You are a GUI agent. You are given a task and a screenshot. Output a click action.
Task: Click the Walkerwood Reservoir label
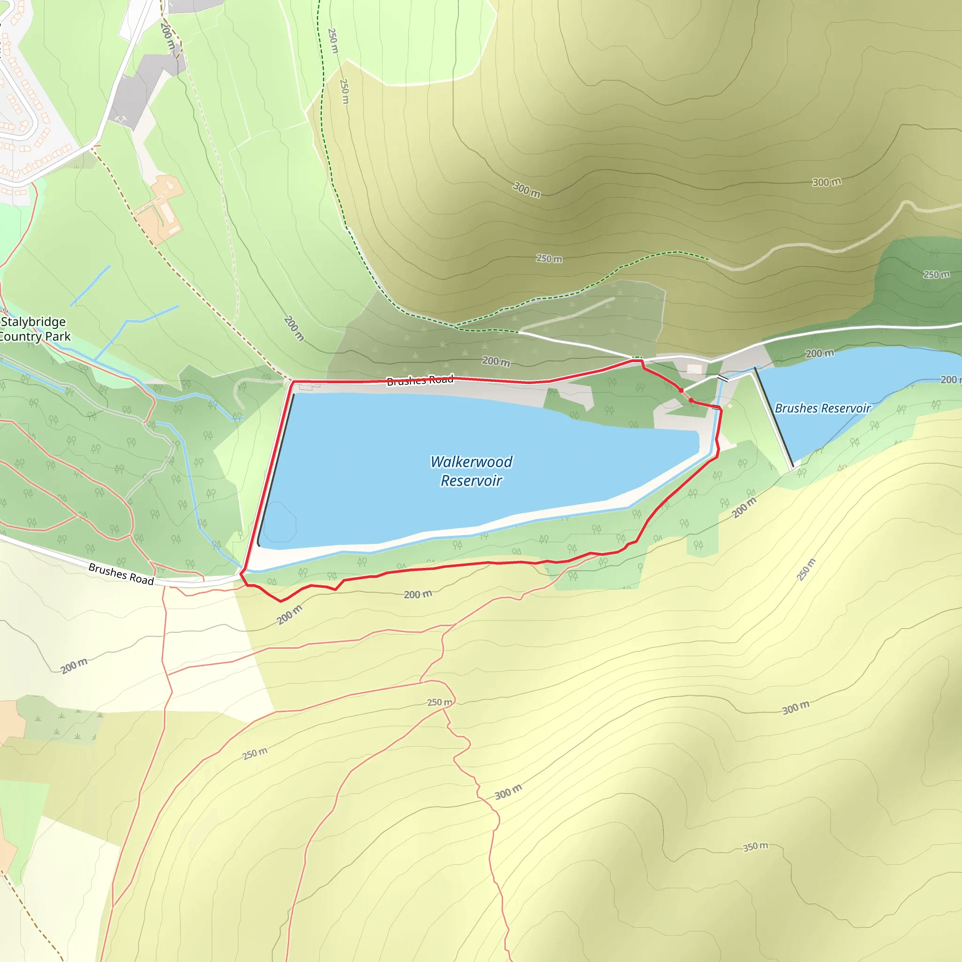pyautogui.click(x=471, y=471)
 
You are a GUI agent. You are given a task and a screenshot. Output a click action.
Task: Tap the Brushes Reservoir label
pyautogui.click(x=822, y=408)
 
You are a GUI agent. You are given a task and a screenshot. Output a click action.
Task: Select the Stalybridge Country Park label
pyautogui.click(x=34, y=329)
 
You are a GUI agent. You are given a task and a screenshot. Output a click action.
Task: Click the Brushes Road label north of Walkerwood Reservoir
pyautogui.click(x=420, y=380)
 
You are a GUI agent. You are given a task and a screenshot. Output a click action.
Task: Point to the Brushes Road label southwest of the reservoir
pyautogui.click(x=121, y=574)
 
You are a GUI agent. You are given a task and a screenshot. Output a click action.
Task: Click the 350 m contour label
pyautogui.click(x=755, y=846)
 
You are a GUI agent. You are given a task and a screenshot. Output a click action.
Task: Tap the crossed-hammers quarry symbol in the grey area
pyautogui.click(x=121, y=119)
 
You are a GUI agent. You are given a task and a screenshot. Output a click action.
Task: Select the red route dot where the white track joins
pyautogui.click(x=681, y=390)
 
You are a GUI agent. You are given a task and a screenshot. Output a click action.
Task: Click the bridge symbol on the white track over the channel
pyautogui.click(x=722, y=379)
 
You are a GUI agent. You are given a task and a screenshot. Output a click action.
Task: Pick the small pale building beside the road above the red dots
pyautogui.click(x=694, y=369)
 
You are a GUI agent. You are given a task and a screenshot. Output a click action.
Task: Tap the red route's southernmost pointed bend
pyautogui.click(x=281, y=601)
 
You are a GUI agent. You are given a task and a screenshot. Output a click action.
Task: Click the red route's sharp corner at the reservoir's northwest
pyautogui.click(x=293, y=382)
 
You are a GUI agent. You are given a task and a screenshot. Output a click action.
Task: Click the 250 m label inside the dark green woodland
pyautogui.click(x=936, y=274)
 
